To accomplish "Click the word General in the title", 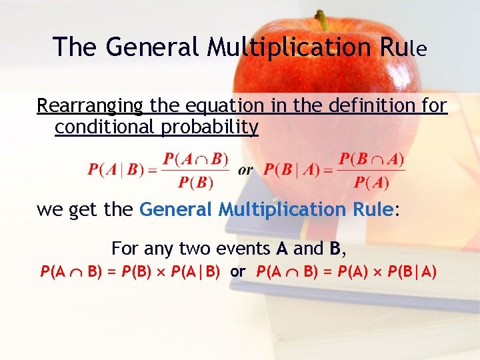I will coord(153,47).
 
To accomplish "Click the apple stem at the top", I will coord(323,19).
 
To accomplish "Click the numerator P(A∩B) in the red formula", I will coord(195,159).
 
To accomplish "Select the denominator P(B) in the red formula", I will coord(195,182).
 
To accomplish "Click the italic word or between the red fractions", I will coord(245,170).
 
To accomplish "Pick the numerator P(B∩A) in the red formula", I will coord(371,159).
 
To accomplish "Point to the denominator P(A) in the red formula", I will coord(371,182).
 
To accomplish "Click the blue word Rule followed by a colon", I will coord(373,210).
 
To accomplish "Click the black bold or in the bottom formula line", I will coord(238,272).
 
